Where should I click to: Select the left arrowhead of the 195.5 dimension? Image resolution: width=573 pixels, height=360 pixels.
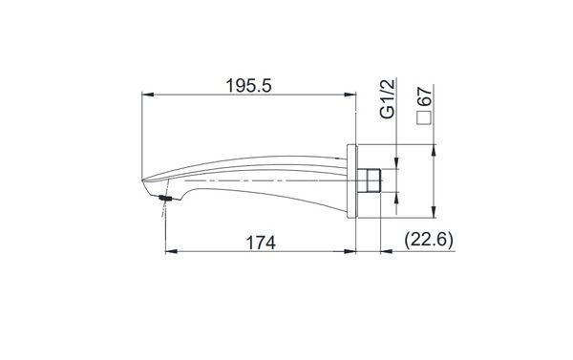[146, 95]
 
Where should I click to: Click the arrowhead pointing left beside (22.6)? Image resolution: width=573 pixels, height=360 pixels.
[386, 253]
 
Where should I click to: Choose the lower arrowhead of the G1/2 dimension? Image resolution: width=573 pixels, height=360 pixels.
[394, 193]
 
